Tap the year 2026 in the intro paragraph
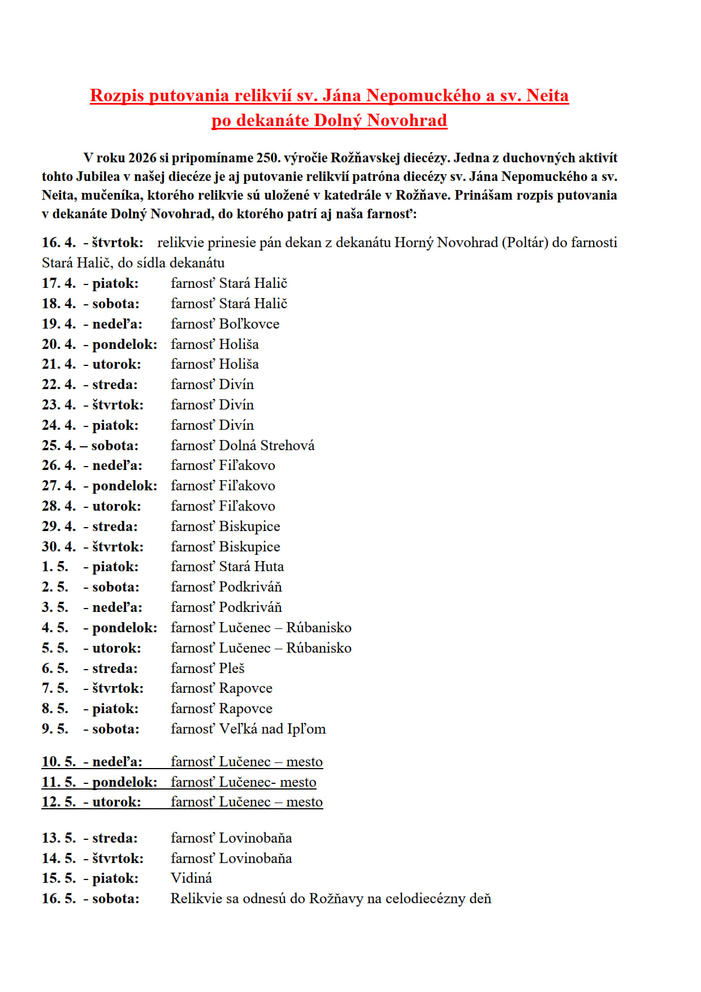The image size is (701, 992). (x=142, y=158)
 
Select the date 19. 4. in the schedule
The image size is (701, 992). (x=58, y=324)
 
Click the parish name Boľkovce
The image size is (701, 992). (x=249, y=324)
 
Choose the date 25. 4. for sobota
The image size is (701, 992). (x=58, y=446)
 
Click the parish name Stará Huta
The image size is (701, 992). (x=252, y=567)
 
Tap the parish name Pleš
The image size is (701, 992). (x=232, y=668)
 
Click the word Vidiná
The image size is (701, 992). (x=191, y=878)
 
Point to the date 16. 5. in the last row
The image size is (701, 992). (x=58, y=899)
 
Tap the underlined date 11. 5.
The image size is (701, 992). (x=58, y=782)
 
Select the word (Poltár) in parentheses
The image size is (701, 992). (x=525, y=243)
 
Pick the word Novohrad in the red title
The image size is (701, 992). (x=407, y=120)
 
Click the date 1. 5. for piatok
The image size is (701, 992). (x=55, y=567)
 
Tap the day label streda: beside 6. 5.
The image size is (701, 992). (x=115, y=668)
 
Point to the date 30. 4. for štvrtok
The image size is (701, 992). (x=58, y=547)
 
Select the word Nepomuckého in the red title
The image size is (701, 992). (x=423, y=96)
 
